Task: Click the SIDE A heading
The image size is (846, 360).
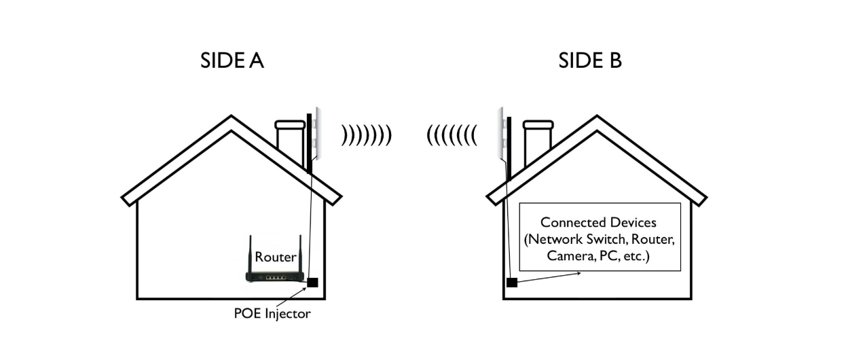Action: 232,60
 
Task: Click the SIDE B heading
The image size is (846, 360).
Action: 589,60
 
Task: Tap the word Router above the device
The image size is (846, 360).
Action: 275,257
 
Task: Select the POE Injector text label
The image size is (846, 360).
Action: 272,314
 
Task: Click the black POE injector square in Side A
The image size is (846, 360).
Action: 312,283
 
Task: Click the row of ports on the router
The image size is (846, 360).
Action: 275,278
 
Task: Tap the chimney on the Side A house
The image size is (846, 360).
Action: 289,143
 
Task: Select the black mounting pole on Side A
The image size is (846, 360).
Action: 309,143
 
